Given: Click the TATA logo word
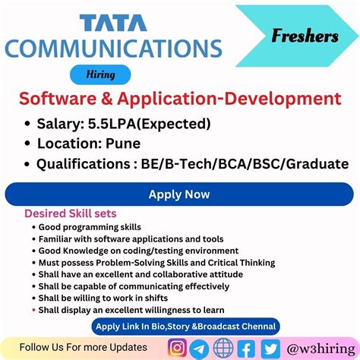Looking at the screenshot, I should [x=115, y=23].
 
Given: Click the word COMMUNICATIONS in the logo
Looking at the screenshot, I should [x=115, y=49].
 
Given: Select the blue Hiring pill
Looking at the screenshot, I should [x=99, y=74].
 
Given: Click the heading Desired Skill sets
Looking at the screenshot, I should [x=71, y=213].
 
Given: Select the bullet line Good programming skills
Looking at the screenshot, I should [x=90, y=227].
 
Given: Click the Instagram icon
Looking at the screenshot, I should [x=178, y=348].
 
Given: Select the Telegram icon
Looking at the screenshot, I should [x=200, y=348].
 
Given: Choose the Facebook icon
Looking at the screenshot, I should [x=245, y=348].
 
